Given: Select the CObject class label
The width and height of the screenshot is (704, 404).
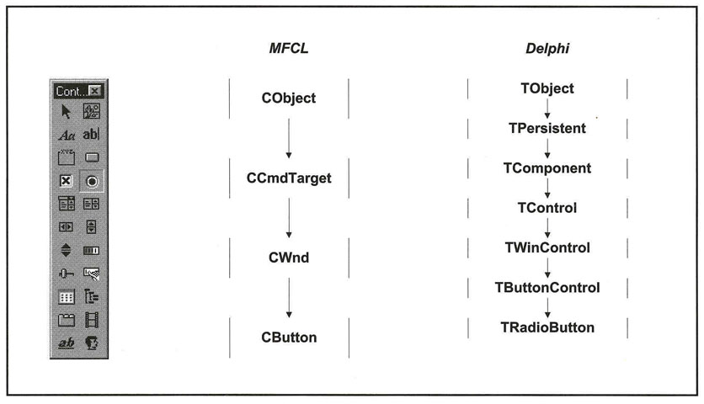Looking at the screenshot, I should click(x=289, y=98).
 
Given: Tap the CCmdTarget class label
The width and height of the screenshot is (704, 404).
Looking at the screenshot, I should click(x=289, y=178).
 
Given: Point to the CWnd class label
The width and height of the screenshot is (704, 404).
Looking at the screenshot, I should click(x=289, y=258).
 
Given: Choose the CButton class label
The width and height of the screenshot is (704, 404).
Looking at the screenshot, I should click(x=289, y=338).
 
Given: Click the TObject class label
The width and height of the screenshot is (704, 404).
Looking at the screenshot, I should click(x=547, y=88).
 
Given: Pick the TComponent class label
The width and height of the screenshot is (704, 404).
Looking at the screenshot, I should click(x=547, y=167).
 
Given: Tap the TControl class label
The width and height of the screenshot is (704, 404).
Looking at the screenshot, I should click(x=547, y=207).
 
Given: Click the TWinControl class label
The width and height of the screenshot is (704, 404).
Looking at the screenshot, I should click(x=547, y=247).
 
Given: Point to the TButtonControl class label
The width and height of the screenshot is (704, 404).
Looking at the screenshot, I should click(x=547, y=287).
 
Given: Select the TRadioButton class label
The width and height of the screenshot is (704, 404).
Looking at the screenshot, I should click(x=547, y=327).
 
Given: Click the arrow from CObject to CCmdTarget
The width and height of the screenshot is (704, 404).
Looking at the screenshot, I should click(x=288, y=138).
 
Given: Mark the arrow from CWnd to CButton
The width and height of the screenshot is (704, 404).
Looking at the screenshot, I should click(x=288, y=297).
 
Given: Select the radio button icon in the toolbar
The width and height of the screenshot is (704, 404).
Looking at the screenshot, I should click(x=92, y=180).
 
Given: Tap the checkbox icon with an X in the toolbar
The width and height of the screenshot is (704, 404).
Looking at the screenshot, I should click(x=67, y=180).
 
